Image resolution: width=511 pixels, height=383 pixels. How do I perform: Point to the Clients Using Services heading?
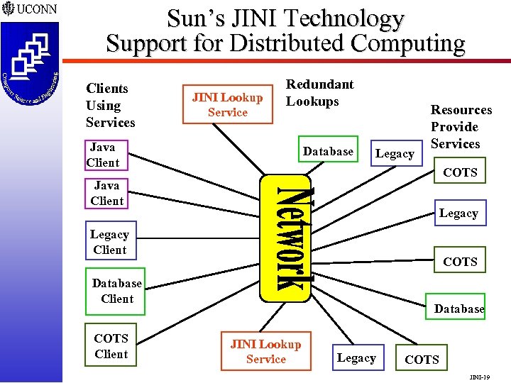pyautogui.click(x=110, y=106)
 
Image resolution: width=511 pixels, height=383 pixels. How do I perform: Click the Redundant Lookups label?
pyautogui.click(x=319, y=93)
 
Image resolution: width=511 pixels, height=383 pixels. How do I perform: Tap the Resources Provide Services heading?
pyautogui.click(x=461, y=127)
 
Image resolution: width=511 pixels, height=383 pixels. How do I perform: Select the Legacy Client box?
pyautogui.click(x=109, y=242)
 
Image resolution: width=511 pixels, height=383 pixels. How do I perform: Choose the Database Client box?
pyautogui.click(x=115, y=291)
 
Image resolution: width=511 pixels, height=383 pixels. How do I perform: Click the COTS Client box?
pyautogui.click(x=111, y=346)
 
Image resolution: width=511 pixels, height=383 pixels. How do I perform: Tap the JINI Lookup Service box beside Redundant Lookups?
pyautogui.click(x=227, y=105)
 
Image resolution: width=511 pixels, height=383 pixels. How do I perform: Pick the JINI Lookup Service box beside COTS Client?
pyautogui.click(x=265, y=352)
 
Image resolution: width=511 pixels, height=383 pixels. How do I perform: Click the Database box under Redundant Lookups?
pyautogui.click(x=327, y=152)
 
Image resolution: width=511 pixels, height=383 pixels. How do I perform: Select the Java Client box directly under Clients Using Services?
pyautogui.click(x=102, y=155)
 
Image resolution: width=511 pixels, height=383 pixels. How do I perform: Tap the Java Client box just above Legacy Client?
pyautogui.click(x=106, y=193)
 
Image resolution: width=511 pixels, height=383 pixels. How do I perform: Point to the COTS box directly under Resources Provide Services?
pyautogui.click(x=459, y=172)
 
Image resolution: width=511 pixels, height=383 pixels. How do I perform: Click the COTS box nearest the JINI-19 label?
pyautogui.click(x=422, y=360)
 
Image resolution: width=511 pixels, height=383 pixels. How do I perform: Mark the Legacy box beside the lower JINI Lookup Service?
pyautogui.click(x=356, y=358)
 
